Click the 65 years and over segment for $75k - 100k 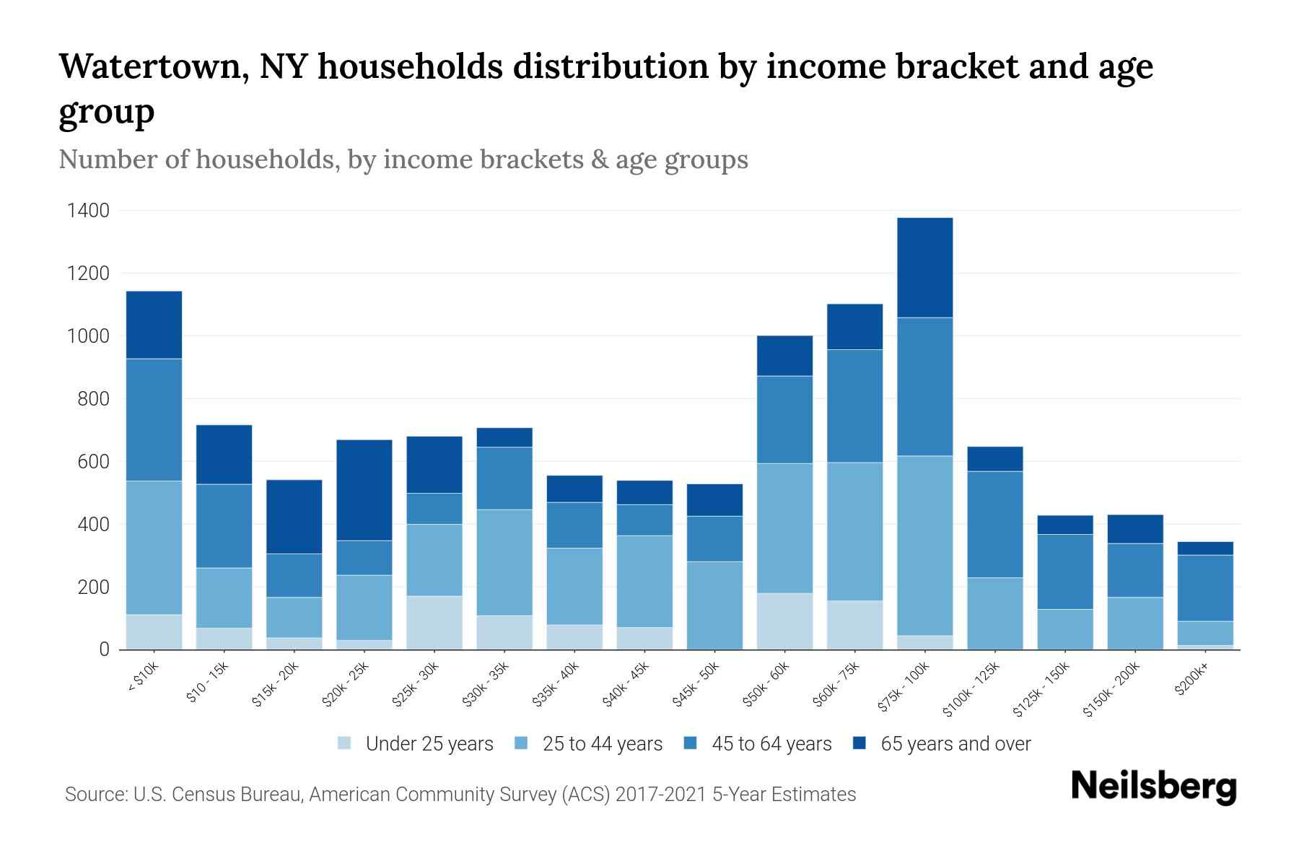click(924, 267)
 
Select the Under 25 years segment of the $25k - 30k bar click(434, 622)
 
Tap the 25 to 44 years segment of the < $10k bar click(154, 547)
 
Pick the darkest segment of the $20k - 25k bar click(364, 490)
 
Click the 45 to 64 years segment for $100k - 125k click(994, 524)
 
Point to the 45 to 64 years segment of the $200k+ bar click(1205, 587)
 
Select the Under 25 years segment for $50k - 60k click(784, 621)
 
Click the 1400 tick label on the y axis click(88, 211)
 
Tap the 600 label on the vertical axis click(94, 462)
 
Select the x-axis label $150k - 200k click(1112, 689)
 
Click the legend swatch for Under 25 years click(345, 743)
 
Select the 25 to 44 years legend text click(602, 743)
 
